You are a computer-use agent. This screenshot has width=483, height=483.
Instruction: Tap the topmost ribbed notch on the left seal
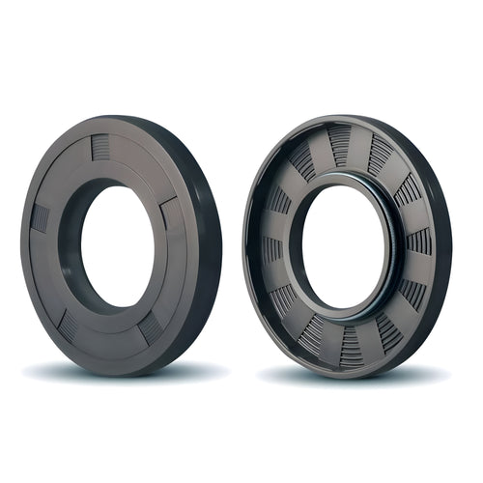coord(100,147)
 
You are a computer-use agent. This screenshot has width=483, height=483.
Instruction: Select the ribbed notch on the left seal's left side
coord(40,217)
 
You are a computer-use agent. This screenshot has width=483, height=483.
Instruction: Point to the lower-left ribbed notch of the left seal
coord(67,326)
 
